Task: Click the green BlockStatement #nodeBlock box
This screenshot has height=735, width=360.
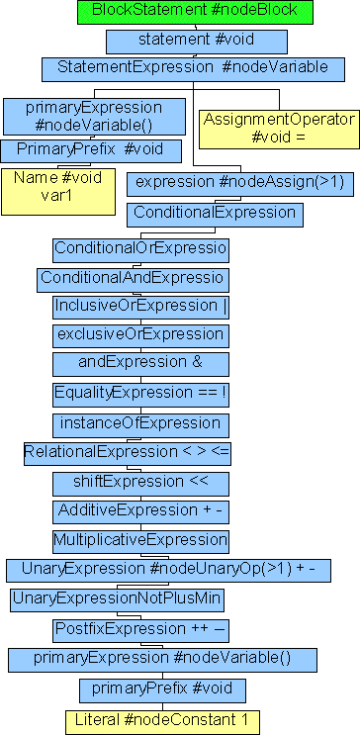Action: (195, 12)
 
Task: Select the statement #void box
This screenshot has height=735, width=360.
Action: (196, 41)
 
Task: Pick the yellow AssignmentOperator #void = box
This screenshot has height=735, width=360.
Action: (278, 129)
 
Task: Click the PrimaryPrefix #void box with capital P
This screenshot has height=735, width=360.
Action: (90, 150)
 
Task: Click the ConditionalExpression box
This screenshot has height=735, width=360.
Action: (214, 213)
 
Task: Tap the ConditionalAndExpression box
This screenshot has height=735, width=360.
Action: (134, 278)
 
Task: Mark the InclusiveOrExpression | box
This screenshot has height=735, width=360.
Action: (140, 307)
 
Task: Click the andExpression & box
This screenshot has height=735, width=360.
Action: (140, 363)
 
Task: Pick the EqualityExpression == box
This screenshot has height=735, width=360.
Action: (140, 393)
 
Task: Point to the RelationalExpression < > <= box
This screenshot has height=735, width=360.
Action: (129, 452)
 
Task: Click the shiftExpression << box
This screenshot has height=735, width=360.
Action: (140, 483)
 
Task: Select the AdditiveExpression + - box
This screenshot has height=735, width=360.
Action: (140, 511)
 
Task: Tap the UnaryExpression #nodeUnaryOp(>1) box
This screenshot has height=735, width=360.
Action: (168, 571)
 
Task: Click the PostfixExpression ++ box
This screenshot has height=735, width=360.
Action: (140, 630)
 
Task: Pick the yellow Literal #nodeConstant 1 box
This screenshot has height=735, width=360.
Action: (162, 719)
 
